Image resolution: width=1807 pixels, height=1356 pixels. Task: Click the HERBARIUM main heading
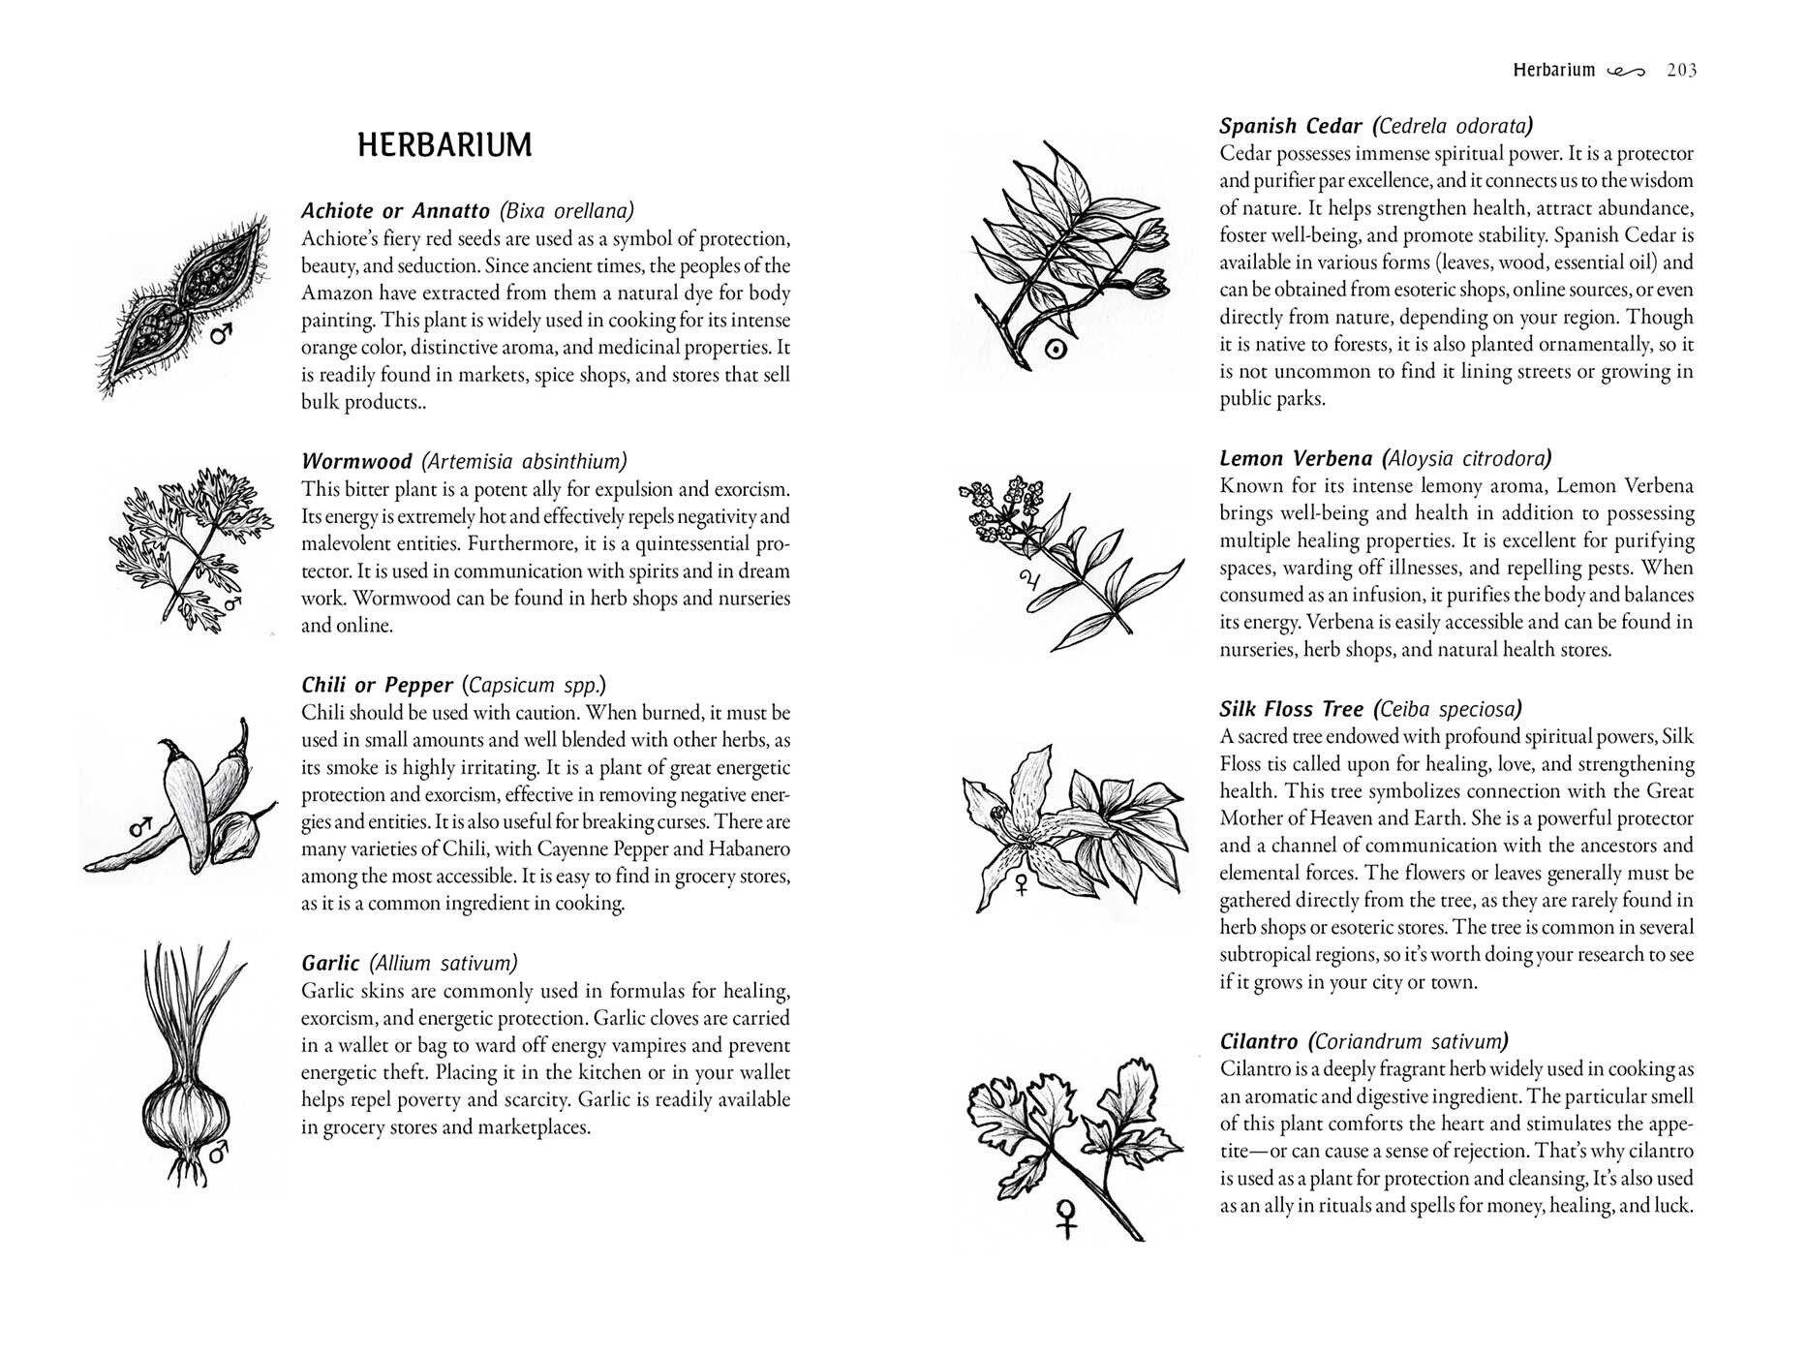coord(444,145)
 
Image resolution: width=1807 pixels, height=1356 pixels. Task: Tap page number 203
coord(1682,70)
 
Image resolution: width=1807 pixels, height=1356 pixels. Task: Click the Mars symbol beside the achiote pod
coord(223,334)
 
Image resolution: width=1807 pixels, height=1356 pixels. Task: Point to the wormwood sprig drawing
coord(193,547)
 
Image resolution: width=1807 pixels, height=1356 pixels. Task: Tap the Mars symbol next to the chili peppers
coord(142,828)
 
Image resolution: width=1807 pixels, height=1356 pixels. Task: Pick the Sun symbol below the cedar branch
coord(1057,350)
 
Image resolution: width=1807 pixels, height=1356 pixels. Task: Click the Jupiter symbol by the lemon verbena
coord(1027,582)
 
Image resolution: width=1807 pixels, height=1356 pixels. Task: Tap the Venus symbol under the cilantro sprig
coord(1066,1218)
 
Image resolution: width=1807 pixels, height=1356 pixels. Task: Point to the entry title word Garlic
coord(330,963)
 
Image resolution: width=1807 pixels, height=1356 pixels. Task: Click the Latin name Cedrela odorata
coord(1454,126)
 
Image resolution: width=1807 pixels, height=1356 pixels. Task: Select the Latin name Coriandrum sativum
coord(1408,1042)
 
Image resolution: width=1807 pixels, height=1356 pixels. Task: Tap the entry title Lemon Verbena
coord(1296,458)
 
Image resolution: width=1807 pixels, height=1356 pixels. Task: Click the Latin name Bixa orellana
coord(567,210)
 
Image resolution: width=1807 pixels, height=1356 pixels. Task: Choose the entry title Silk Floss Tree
coord(1291,709)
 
